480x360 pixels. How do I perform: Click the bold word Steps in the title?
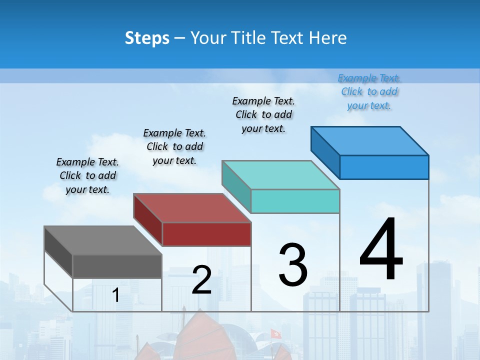pos(147,38)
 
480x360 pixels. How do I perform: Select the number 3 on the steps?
pos(293,264)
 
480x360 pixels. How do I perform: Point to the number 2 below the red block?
pos(201,280)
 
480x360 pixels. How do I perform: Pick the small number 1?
pos(115,295)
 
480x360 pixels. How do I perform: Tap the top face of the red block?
pos(192,208)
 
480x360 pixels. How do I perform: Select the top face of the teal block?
pos(280,175)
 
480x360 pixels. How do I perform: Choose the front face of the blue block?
pos(384,167)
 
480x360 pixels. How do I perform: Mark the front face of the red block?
pos(206,234)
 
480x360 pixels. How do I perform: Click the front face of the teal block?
pos(295,201)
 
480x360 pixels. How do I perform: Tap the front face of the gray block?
pos(117,266)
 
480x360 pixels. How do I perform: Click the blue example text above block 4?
pos(369,92)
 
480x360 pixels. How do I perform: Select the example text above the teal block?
pos(263,114)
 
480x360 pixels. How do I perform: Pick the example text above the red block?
pos(174,146)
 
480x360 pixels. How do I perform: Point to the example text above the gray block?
pos(87,175)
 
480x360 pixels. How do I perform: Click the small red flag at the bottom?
pos(275,333)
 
